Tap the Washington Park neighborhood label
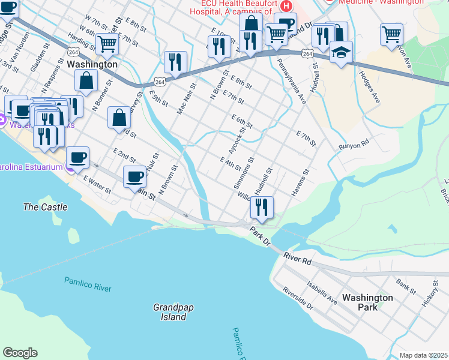[x=367, y=302]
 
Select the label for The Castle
[x=45, y=207]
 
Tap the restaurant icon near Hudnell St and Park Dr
[x=262, y=208]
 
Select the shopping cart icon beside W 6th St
[x=107, y=43]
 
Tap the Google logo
[x=20, y=353]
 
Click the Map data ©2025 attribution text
[x=423, y=355]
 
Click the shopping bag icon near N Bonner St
[x=86, y=80]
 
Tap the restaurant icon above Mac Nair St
[x=175, y=62]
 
